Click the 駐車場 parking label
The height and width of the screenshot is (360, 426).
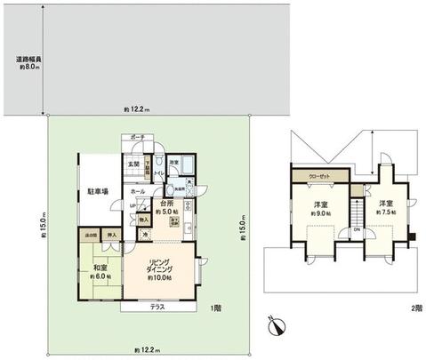coord(98,191)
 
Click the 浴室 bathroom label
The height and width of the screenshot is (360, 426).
coord(175,161)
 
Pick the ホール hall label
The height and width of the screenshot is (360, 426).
coord(139,191)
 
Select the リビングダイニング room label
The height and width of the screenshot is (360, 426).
coord(160,269)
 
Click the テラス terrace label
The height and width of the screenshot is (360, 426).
coord(157,307)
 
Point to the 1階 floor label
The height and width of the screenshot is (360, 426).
coord(215,308)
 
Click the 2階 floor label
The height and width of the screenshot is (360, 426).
coord(415,308)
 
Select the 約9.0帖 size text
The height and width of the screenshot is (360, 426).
coord(321,213)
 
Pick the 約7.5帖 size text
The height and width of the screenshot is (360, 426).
coord(385,213)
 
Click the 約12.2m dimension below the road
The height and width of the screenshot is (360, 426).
coord(136,109)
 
